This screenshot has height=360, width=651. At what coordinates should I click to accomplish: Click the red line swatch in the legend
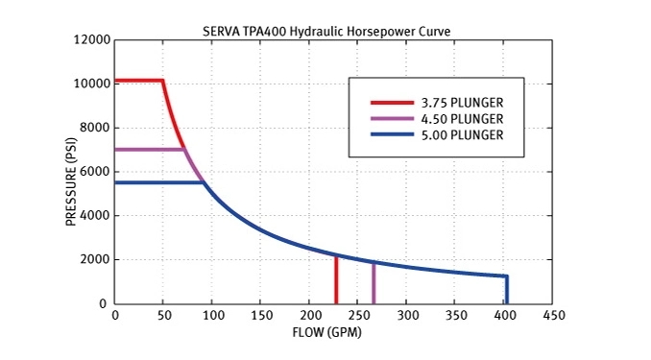[x=390, y=103]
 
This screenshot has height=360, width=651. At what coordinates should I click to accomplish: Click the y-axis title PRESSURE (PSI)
[x=72, y=172]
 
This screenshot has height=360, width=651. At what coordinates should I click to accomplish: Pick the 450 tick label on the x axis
[x=553, y=315]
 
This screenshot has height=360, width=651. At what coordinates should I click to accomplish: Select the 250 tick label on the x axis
[x=358, y=315]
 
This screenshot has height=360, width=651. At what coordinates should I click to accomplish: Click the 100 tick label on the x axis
[x=212, y=315]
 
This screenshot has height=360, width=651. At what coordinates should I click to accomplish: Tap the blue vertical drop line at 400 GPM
[x=506, y=290]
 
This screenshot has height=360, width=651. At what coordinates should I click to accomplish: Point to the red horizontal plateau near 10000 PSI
[x=138, y=81]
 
